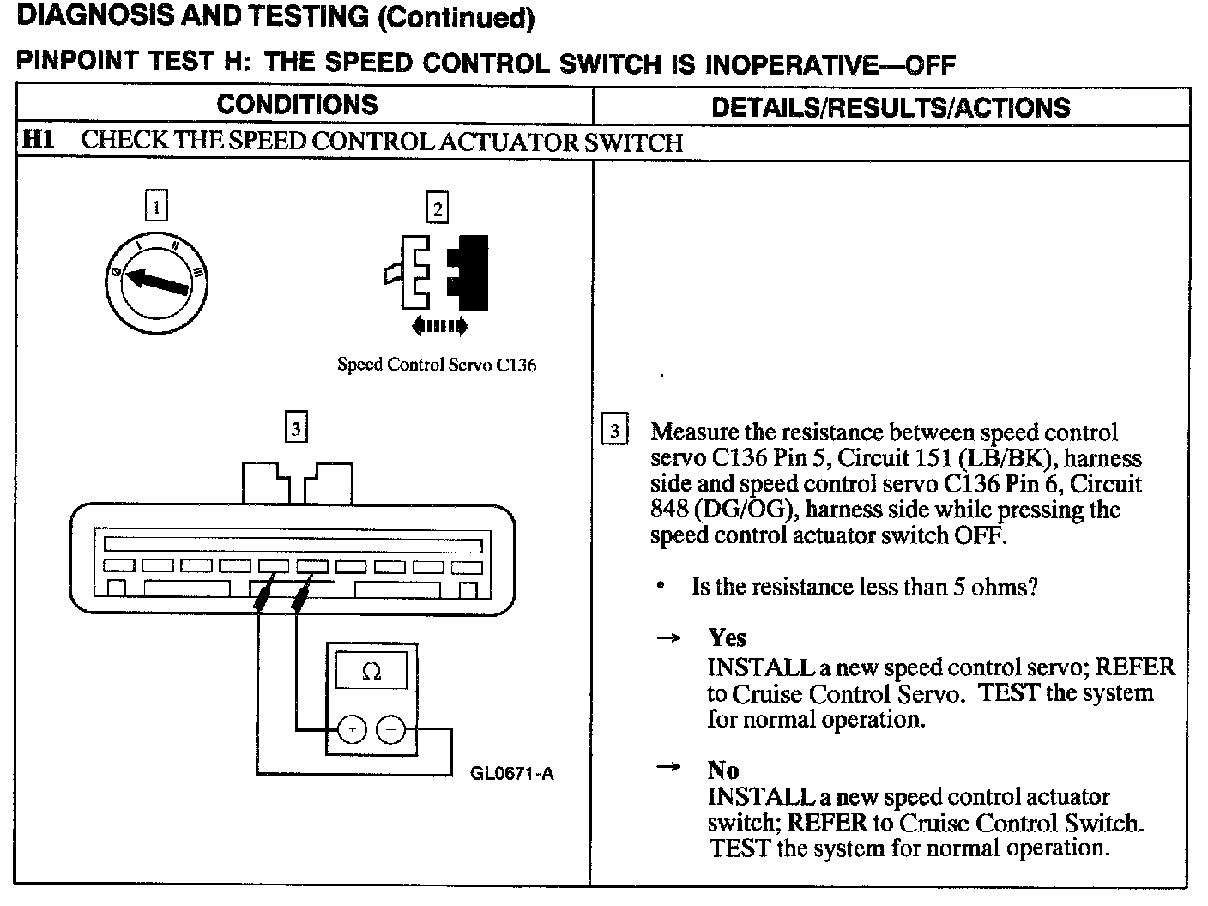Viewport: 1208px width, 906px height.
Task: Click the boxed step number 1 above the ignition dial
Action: (x=155, y=207)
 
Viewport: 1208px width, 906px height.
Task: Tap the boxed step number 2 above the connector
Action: (x=438, y=208)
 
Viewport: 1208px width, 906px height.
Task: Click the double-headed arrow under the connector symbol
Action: (x=439, y=325)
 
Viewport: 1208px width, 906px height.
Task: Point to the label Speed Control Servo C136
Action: (x=437, y=365)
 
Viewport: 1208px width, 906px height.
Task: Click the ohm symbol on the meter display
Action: (x=371, y=672)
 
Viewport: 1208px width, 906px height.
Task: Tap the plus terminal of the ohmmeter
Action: (x=352, y=730)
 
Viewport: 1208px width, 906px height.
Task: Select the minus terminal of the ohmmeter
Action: (x=390, y=730)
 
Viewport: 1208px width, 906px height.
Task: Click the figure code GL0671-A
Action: (x=512, y=774)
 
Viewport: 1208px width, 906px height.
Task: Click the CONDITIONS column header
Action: (x=297, y=105)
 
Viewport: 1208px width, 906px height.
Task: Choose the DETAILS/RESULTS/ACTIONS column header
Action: (x=891, y=107)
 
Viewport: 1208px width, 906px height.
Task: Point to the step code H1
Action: (x=38, y=140)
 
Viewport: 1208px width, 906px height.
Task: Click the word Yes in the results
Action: (x=727, y=637)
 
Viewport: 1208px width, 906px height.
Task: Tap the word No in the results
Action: (x=723, y=770)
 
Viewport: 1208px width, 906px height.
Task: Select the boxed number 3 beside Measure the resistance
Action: (x=614, y=431)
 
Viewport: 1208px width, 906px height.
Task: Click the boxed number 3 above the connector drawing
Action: (x=295, y=427)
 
